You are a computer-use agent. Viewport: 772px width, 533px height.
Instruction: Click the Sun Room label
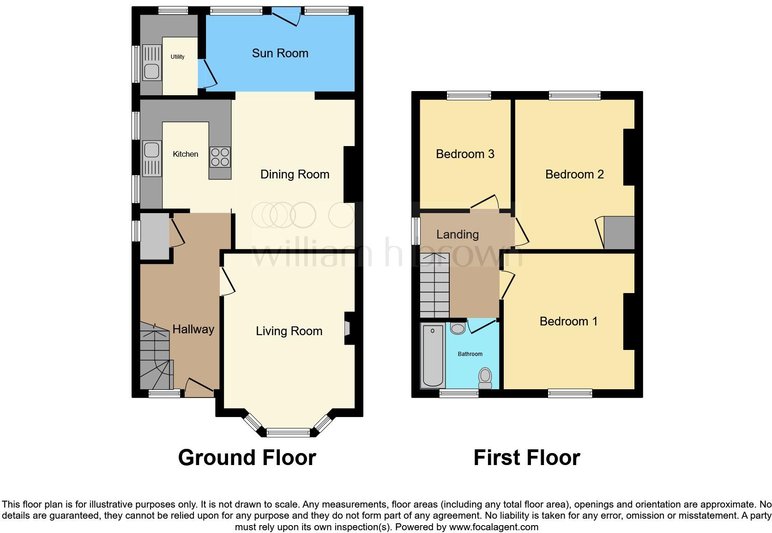click(x=280, y=53)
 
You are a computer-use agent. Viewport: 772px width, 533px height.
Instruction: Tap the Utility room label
click(x=177, y=57)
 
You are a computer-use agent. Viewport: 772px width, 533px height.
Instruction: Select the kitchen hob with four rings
click(x=220, y=157)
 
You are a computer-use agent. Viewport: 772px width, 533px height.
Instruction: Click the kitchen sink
click(x=151, y=150)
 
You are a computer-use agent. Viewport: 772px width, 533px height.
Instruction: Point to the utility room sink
click(x=151, y=71)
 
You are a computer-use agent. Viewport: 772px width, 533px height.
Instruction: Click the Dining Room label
click(x=295, y=174)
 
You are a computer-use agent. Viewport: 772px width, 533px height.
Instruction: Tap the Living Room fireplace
click(x=348, y=328)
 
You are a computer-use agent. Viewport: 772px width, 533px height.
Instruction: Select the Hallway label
click(x=193, y=329)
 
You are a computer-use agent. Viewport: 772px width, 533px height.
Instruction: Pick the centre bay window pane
click(x=288, y=432)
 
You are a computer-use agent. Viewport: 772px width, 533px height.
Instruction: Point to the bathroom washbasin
click(x=458, y=329)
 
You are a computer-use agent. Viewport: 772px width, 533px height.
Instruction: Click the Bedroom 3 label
click(x=465, y=154)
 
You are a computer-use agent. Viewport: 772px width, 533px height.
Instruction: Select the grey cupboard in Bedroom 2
click(x=619, y=233)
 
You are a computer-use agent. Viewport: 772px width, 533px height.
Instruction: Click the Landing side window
click(x=416, y=230)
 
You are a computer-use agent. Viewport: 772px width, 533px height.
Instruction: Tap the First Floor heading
click(x=526, y=458)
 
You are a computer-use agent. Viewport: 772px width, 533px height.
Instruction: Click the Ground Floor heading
click(x=247, y=458)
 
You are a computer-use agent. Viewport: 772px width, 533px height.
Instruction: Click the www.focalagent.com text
click(x=494, y=527)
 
